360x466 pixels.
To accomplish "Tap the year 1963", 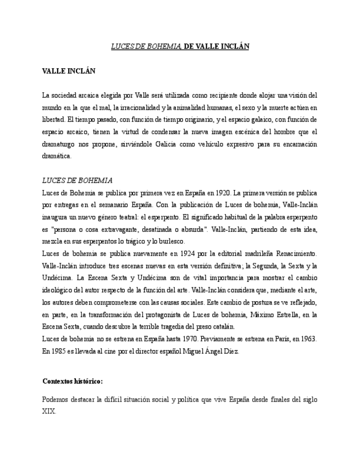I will click(308, 338).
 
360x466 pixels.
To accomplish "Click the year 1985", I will click(57, 350).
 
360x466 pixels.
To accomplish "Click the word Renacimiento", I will click(297, 253).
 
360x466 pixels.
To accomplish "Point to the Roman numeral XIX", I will click(49, 411).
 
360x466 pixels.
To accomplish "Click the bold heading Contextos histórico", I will click(73, 381).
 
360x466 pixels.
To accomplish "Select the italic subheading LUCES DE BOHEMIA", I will click(77, 180).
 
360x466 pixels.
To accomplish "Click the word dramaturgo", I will click(63, 144).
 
